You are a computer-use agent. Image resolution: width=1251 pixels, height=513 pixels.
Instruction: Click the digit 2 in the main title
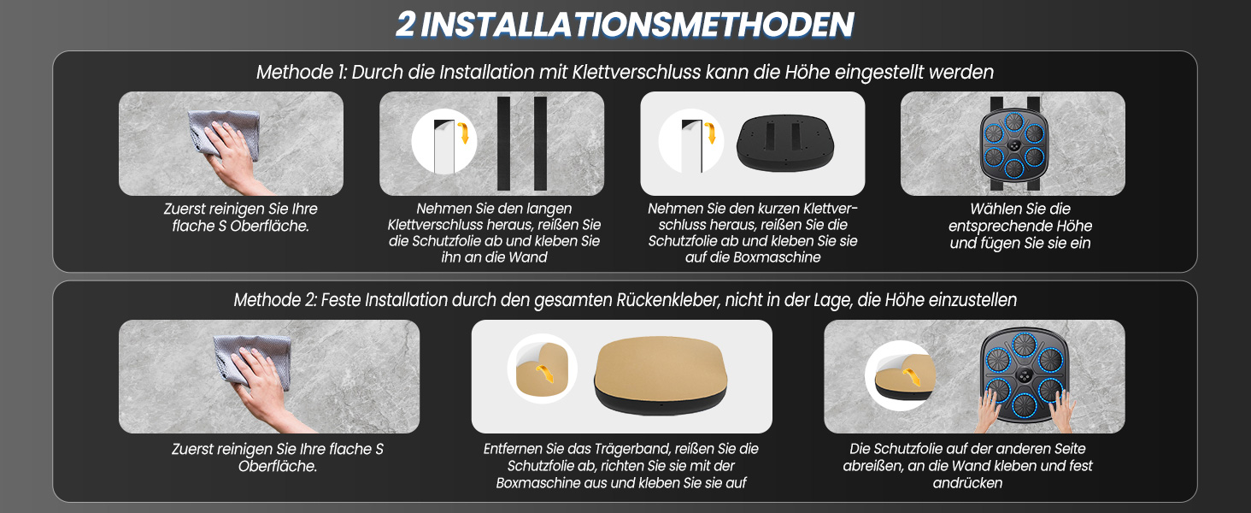[406, 25]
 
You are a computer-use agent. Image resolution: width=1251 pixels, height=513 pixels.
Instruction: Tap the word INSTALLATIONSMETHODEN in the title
[637, 25]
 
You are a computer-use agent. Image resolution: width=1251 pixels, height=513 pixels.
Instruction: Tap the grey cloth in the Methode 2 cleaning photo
[252, 361]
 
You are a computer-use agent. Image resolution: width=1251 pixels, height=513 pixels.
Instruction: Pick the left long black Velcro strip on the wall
[504, 144]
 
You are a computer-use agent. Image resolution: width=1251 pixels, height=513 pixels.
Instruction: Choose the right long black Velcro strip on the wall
[540, 144]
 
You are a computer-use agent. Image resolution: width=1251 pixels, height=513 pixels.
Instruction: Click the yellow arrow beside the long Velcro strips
[463, 133]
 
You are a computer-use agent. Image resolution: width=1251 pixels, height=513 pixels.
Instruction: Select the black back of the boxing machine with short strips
[785, 143]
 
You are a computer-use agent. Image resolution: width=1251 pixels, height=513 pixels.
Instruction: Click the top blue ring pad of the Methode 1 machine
[1013, 121]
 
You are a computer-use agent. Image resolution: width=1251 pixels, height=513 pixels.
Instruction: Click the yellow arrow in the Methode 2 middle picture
[544, 372]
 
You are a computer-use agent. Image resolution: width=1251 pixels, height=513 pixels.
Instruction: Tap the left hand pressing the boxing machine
[988, 411]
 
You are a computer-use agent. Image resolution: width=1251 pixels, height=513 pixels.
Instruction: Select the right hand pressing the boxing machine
[1062, 411]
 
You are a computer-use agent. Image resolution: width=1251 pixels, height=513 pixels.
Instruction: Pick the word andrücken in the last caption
[967, 483]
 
